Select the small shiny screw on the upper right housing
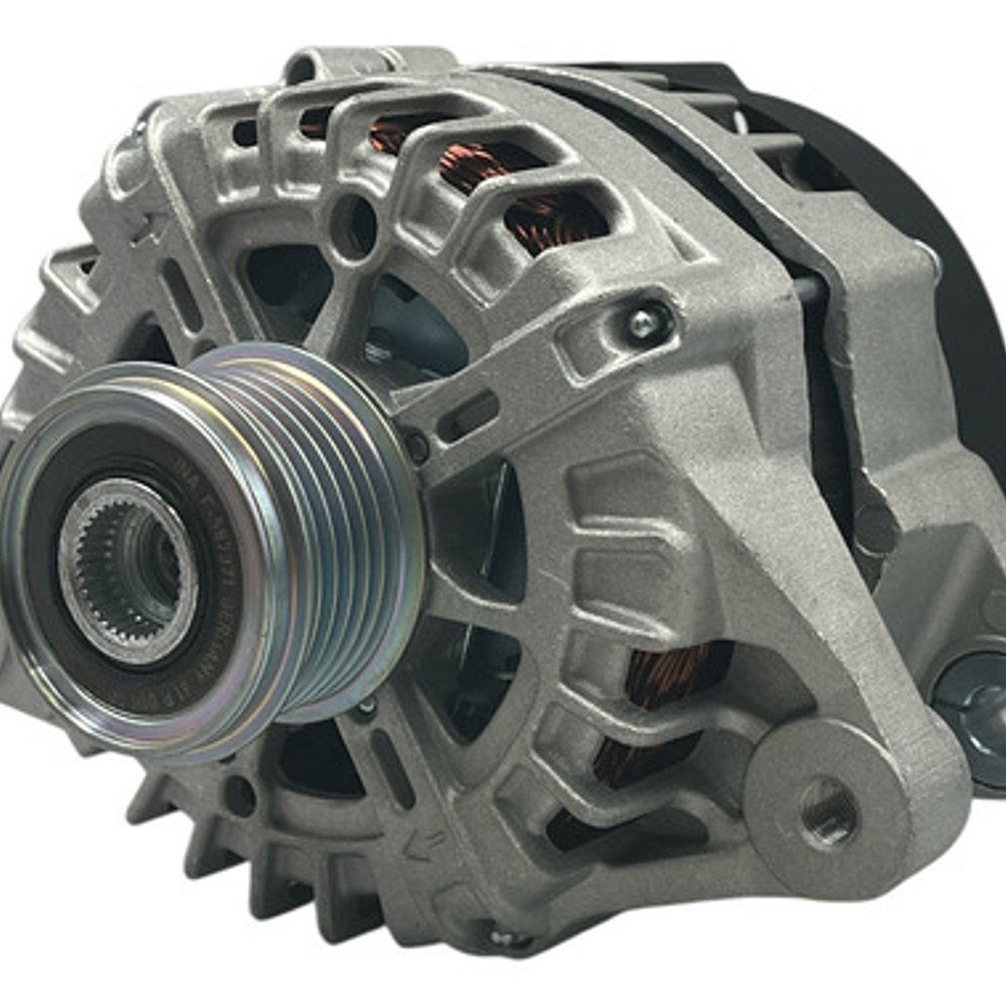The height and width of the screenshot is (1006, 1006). pyautogui.click(x=641, y=322)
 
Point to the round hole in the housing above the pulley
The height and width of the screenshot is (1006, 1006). pyautogui.click(x=354, y=223)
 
